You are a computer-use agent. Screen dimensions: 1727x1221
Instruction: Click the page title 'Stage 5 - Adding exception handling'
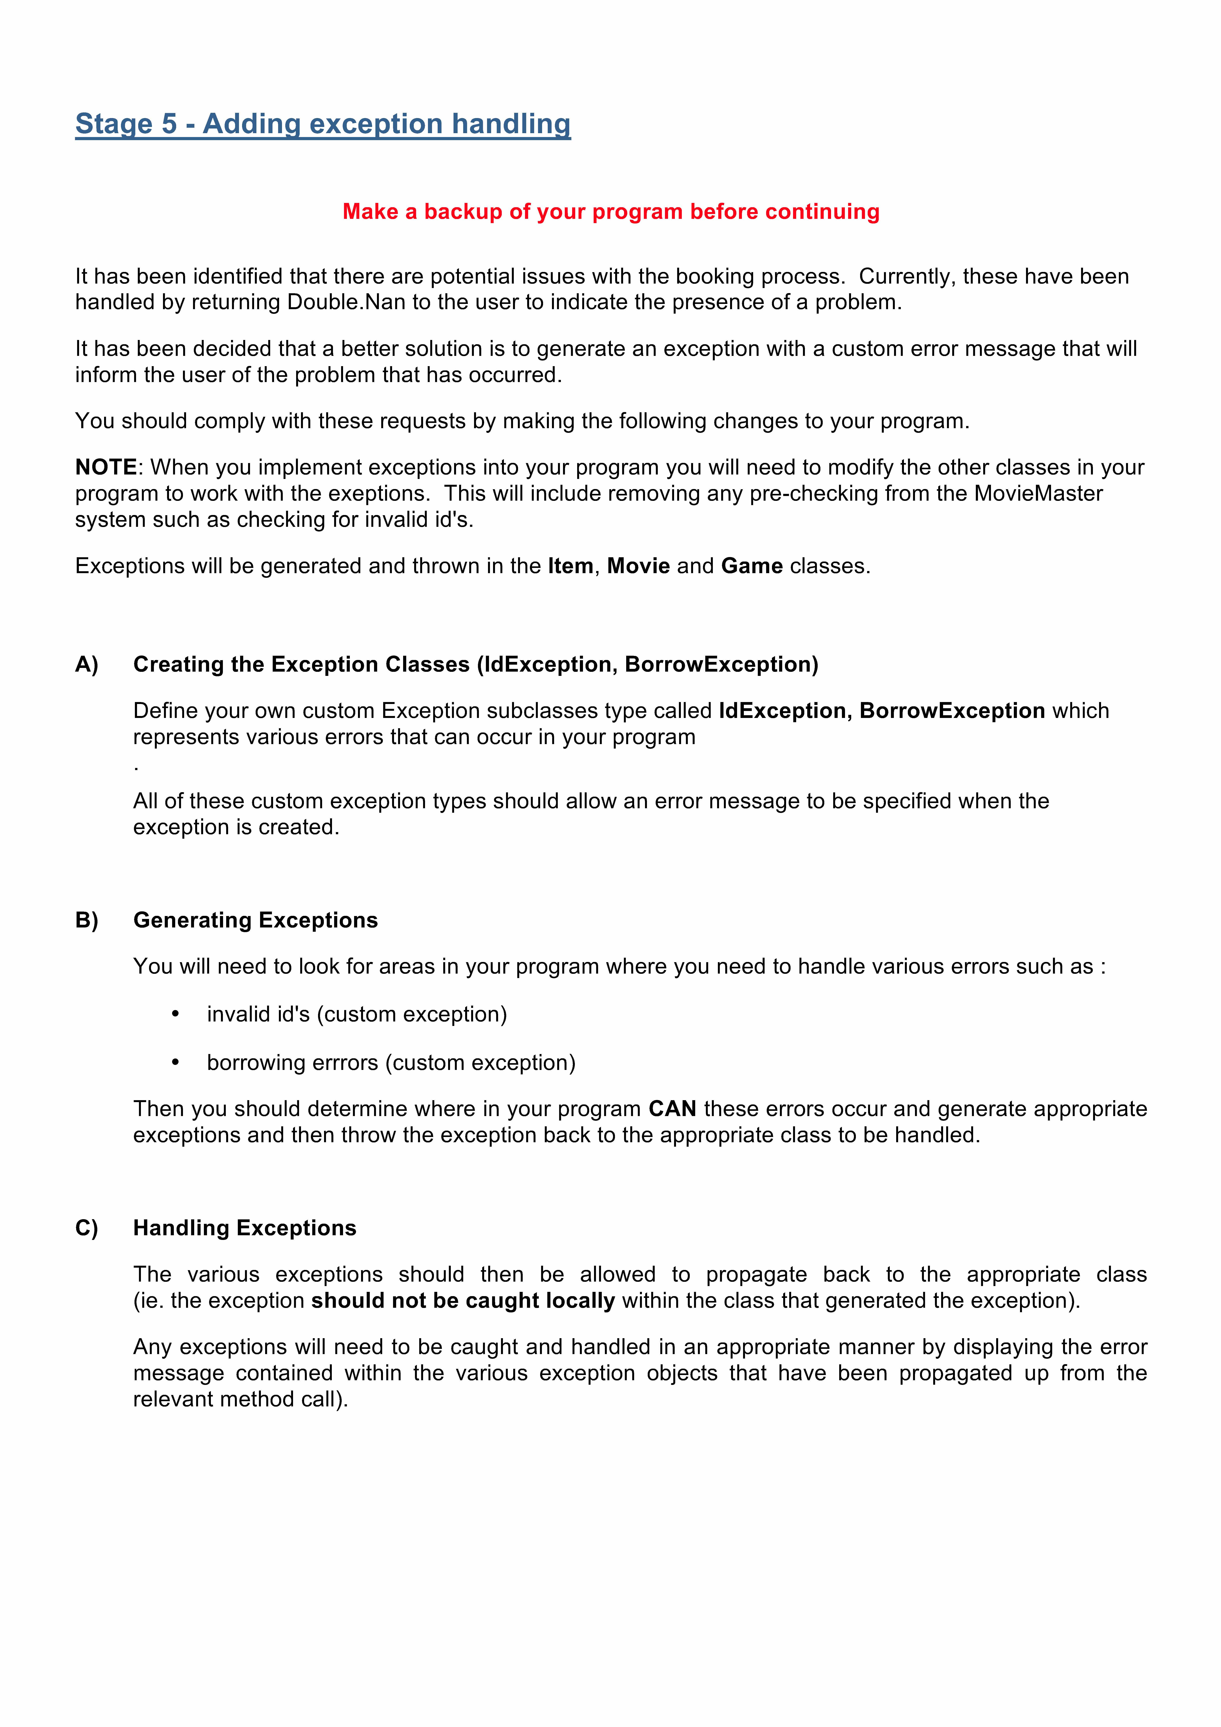323,124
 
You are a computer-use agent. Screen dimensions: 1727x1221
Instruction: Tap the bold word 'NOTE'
105,467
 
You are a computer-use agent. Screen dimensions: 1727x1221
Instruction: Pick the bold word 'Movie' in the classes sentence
638,566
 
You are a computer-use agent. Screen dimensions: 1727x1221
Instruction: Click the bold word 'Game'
752,566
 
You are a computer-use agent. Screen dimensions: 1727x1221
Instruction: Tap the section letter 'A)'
86,664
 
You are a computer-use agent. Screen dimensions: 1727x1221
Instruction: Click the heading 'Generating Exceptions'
255,920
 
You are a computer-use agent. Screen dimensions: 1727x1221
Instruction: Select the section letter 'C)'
86,1228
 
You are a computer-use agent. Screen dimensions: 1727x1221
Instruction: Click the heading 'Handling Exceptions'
245,1228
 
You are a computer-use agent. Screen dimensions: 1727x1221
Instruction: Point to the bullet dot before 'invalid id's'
175,1014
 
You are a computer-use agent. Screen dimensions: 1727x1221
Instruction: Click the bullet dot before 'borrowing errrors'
175,1062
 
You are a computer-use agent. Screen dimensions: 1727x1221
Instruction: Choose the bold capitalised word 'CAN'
672,1109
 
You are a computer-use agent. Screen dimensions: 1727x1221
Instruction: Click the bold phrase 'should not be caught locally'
463,1301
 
